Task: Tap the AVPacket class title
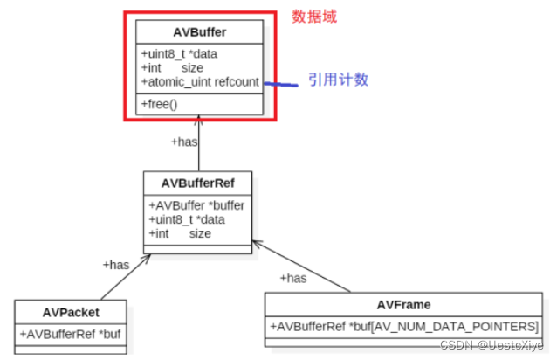(x=71, y=312)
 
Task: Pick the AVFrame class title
(x=403, y=305)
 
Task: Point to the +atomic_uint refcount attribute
(x=199, y=81)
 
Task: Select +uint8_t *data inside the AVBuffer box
(x=179, y=54)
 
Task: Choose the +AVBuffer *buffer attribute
(x=196, y=206)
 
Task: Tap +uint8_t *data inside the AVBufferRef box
(x=186, y=220)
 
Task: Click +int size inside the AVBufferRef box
(x=180, y=233)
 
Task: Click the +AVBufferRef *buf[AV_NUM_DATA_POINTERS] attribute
(x=404, y=326)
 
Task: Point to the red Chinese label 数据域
(x=313, y=16)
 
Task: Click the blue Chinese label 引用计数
(x=338, y=80)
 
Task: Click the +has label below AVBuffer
(x=183, y=141)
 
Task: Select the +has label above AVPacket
(x=115, y=264)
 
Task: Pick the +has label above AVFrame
(x=293, y=278)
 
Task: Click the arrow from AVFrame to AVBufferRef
(x=301, y=266)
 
